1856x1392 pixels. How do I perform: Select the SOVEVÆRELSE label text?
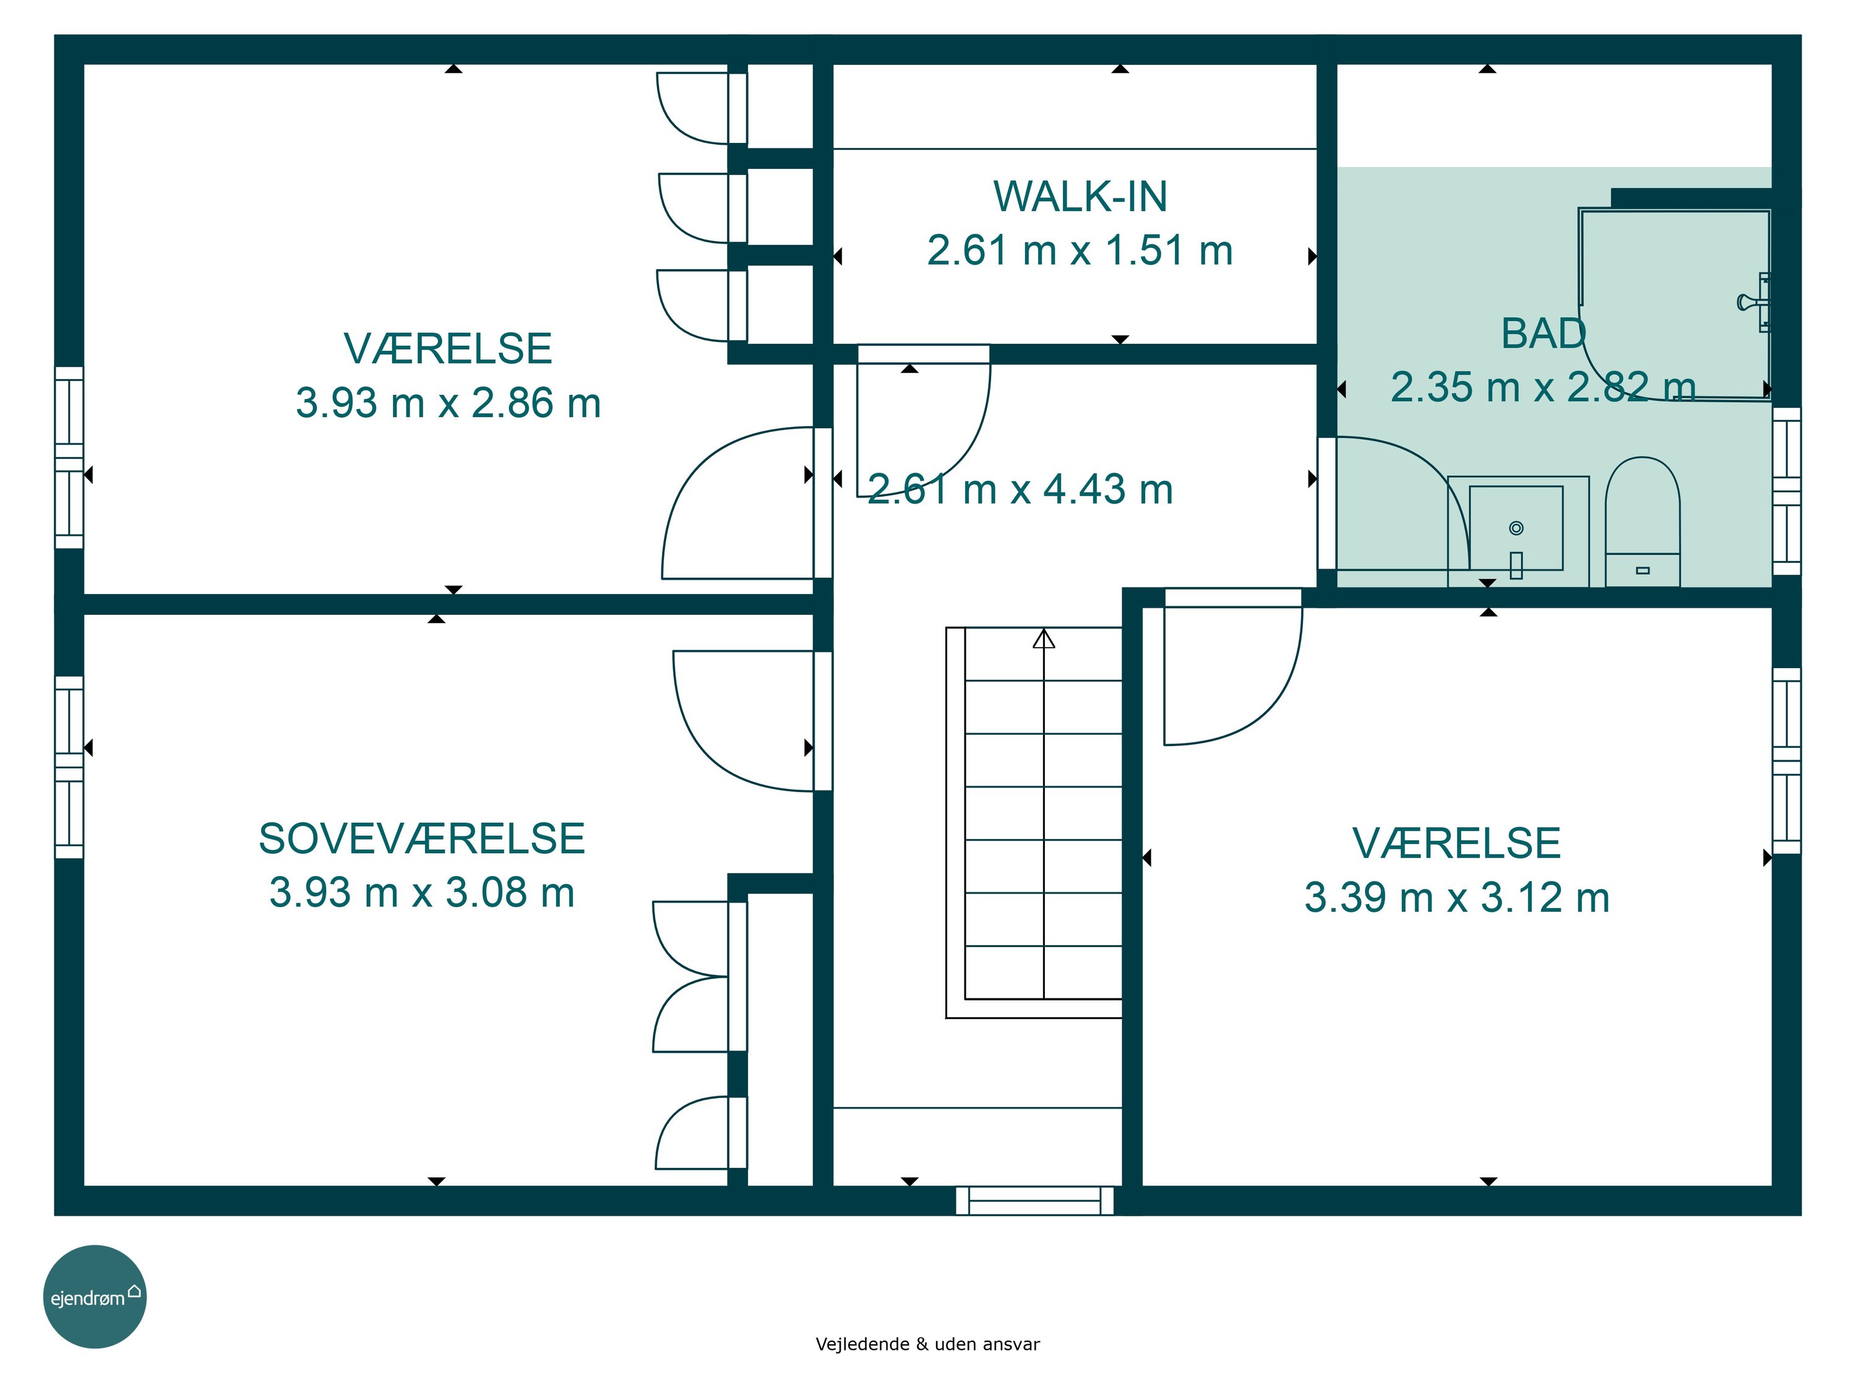421,838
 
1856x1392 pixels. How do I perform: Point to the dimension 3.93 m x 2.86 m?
448,403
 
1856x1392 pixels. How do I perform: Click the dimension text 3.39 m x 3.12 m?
1456,897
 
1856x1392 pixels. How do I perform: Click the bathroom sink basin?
1516,528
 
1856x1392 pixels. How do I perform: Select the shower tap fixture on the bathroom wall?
1755,302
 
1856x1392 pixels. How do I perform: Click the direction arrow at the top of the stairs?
1044,639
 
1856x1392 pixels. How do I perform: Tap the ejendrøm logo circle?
95,1296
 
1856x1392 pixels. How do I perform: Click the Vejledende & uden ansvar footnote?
927,1344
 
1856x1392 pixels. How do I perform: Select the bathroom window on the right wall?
1786,491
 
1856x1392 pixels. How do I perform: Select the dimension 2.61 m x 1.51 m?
1080,250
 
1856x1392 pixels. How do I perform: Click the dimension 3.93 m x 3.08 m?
422,892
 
